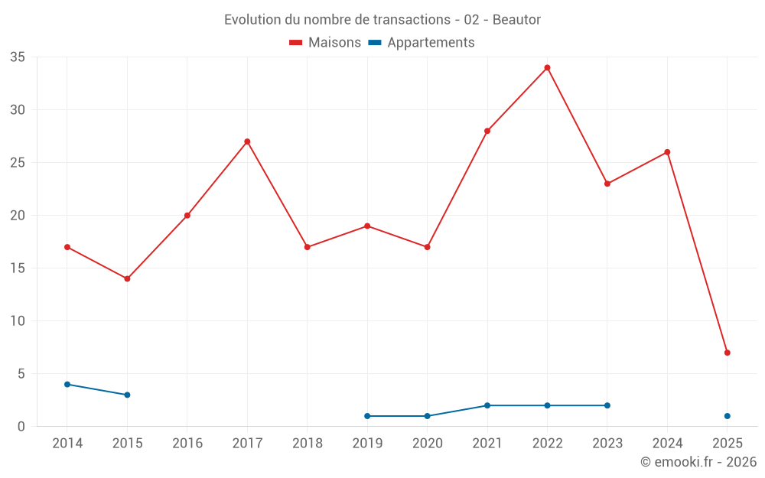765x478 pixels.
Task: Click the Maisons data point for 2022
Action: point(547,67)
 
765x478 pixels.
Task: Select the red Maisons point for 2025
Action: point(728,353)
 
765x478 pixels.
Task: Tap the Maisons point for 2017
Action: point(247,141)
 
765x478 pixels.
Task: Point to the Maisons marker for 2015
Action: point(127,278)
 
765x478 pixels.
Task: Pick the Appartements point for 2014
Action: point(67,384)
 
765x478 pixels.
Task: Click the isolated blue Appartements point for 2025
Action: point(728,416)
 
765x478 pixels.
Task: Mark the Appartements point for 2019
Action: point(367,416)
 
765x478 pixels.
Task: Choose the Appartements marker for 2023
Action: point(607,405)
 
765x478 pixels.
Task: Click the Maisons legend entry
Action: point(325,43)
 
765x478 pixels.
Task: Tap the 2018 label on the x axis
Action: point(307,443)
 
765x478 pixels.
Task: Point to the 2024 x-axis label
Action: point(667,443)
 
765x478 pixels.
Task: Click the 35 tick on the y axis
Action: point(18,57)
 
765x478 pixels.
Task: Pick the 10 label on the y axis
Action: point(18,321)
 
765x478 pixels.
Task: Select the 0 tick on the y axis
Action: point(21,427)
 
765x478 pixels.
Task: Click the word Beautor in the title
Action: point(516,20)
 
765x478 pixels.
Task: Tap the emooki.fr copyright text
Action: point(698,462)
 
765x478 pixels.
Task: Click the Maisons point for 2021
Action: point(487,131)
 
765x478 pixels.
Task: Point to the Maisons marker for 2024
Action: point(667,152)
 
